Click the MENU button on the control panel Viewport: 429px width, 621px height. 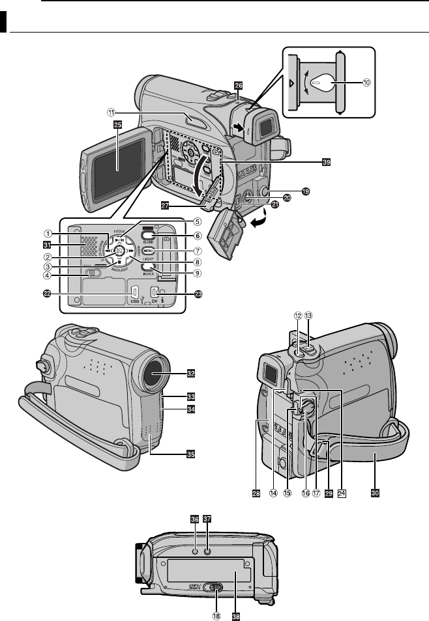(148, 251)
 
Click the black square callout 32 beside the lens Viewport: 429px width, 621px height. (191, 374)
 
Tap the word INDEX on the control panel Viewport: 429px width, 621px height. (147, 275)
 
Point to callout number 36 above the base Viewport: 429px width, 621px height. (194, 519)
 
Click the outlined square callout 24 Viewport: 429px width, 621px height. (342, 493)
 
